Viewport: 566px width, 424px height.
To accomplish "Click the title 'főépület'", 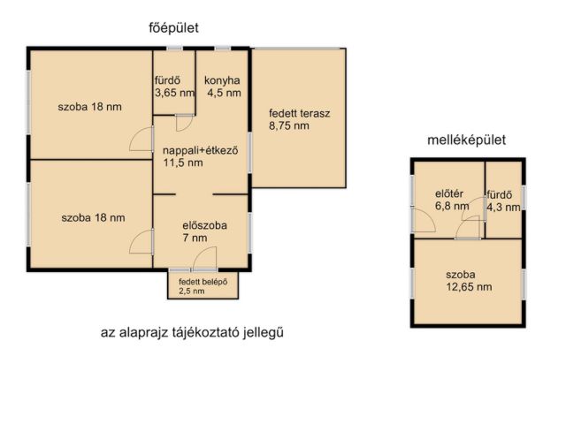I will click(172, 29).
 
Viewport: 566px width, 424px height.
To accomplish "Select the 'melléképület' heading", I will click(466, 140).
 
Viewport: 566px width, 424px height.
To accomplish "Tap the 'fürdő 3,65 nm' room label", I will click(173, 86).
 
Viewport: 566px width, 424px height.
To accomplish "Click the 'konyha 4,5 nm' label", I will click(224, 86).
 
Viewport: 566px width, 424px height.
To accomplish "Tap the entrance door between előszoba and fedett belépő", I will click(203, 261).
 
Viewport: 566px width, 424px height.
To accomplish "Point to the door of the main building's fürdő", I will click(184, 124).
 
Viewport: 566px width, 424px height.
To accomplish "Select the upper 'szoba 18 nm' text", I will click(89, 107).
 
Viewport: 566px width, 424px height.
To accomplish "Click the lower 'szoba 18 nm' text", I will click(93, 216).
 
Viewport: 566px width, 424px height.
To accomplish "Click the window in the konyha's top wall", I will click(222, 48).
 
